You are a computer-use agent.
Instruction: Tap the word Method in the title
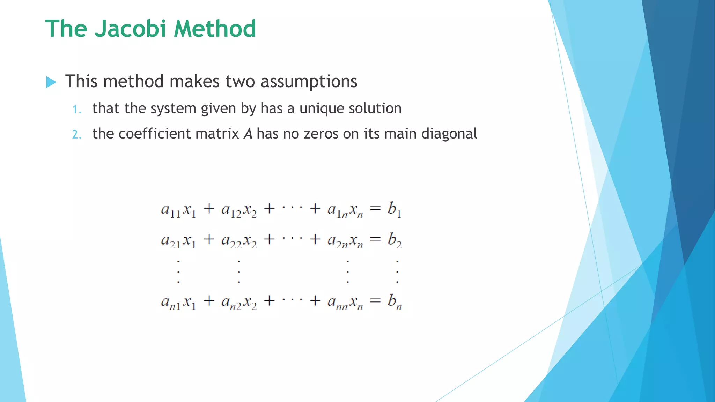point(215,29)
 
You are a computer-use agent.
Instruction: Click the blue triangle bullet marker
point(51,82)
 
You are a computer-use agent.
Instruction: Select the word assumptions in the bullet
point(309,82)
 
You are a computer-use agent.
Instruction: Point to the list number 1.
point(76,110)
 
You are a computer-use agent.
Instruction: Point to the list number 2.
point(76,135)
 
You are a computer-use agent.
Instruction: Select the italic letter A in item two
point(248,134)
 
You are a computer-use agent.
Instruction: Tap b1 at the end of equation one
point(395,210)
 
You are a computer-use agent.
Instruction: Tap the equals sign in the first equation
point(375,209)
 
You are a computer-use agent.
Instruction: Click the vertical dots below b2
point(397,271)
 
